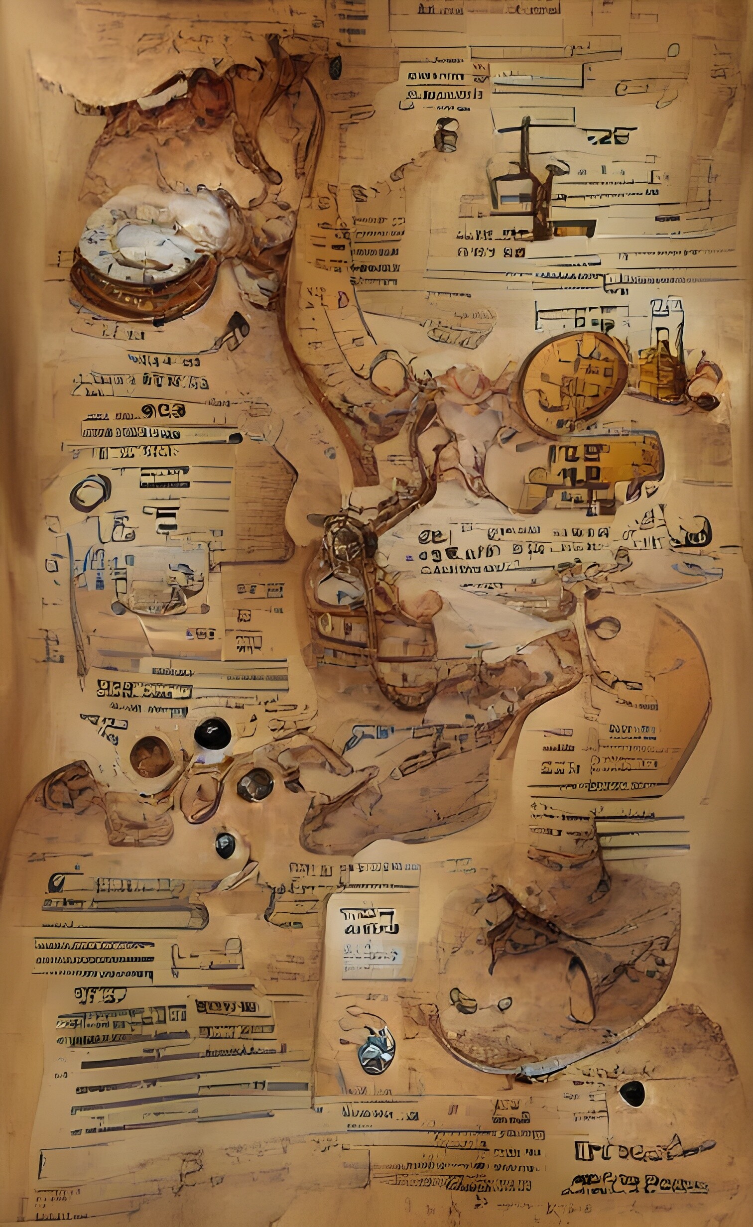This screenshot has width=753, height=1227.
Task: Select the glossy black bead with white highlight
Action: click(213, 733)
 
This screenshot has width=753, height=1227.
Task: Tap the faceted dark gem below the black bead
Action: click(254, 785)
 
